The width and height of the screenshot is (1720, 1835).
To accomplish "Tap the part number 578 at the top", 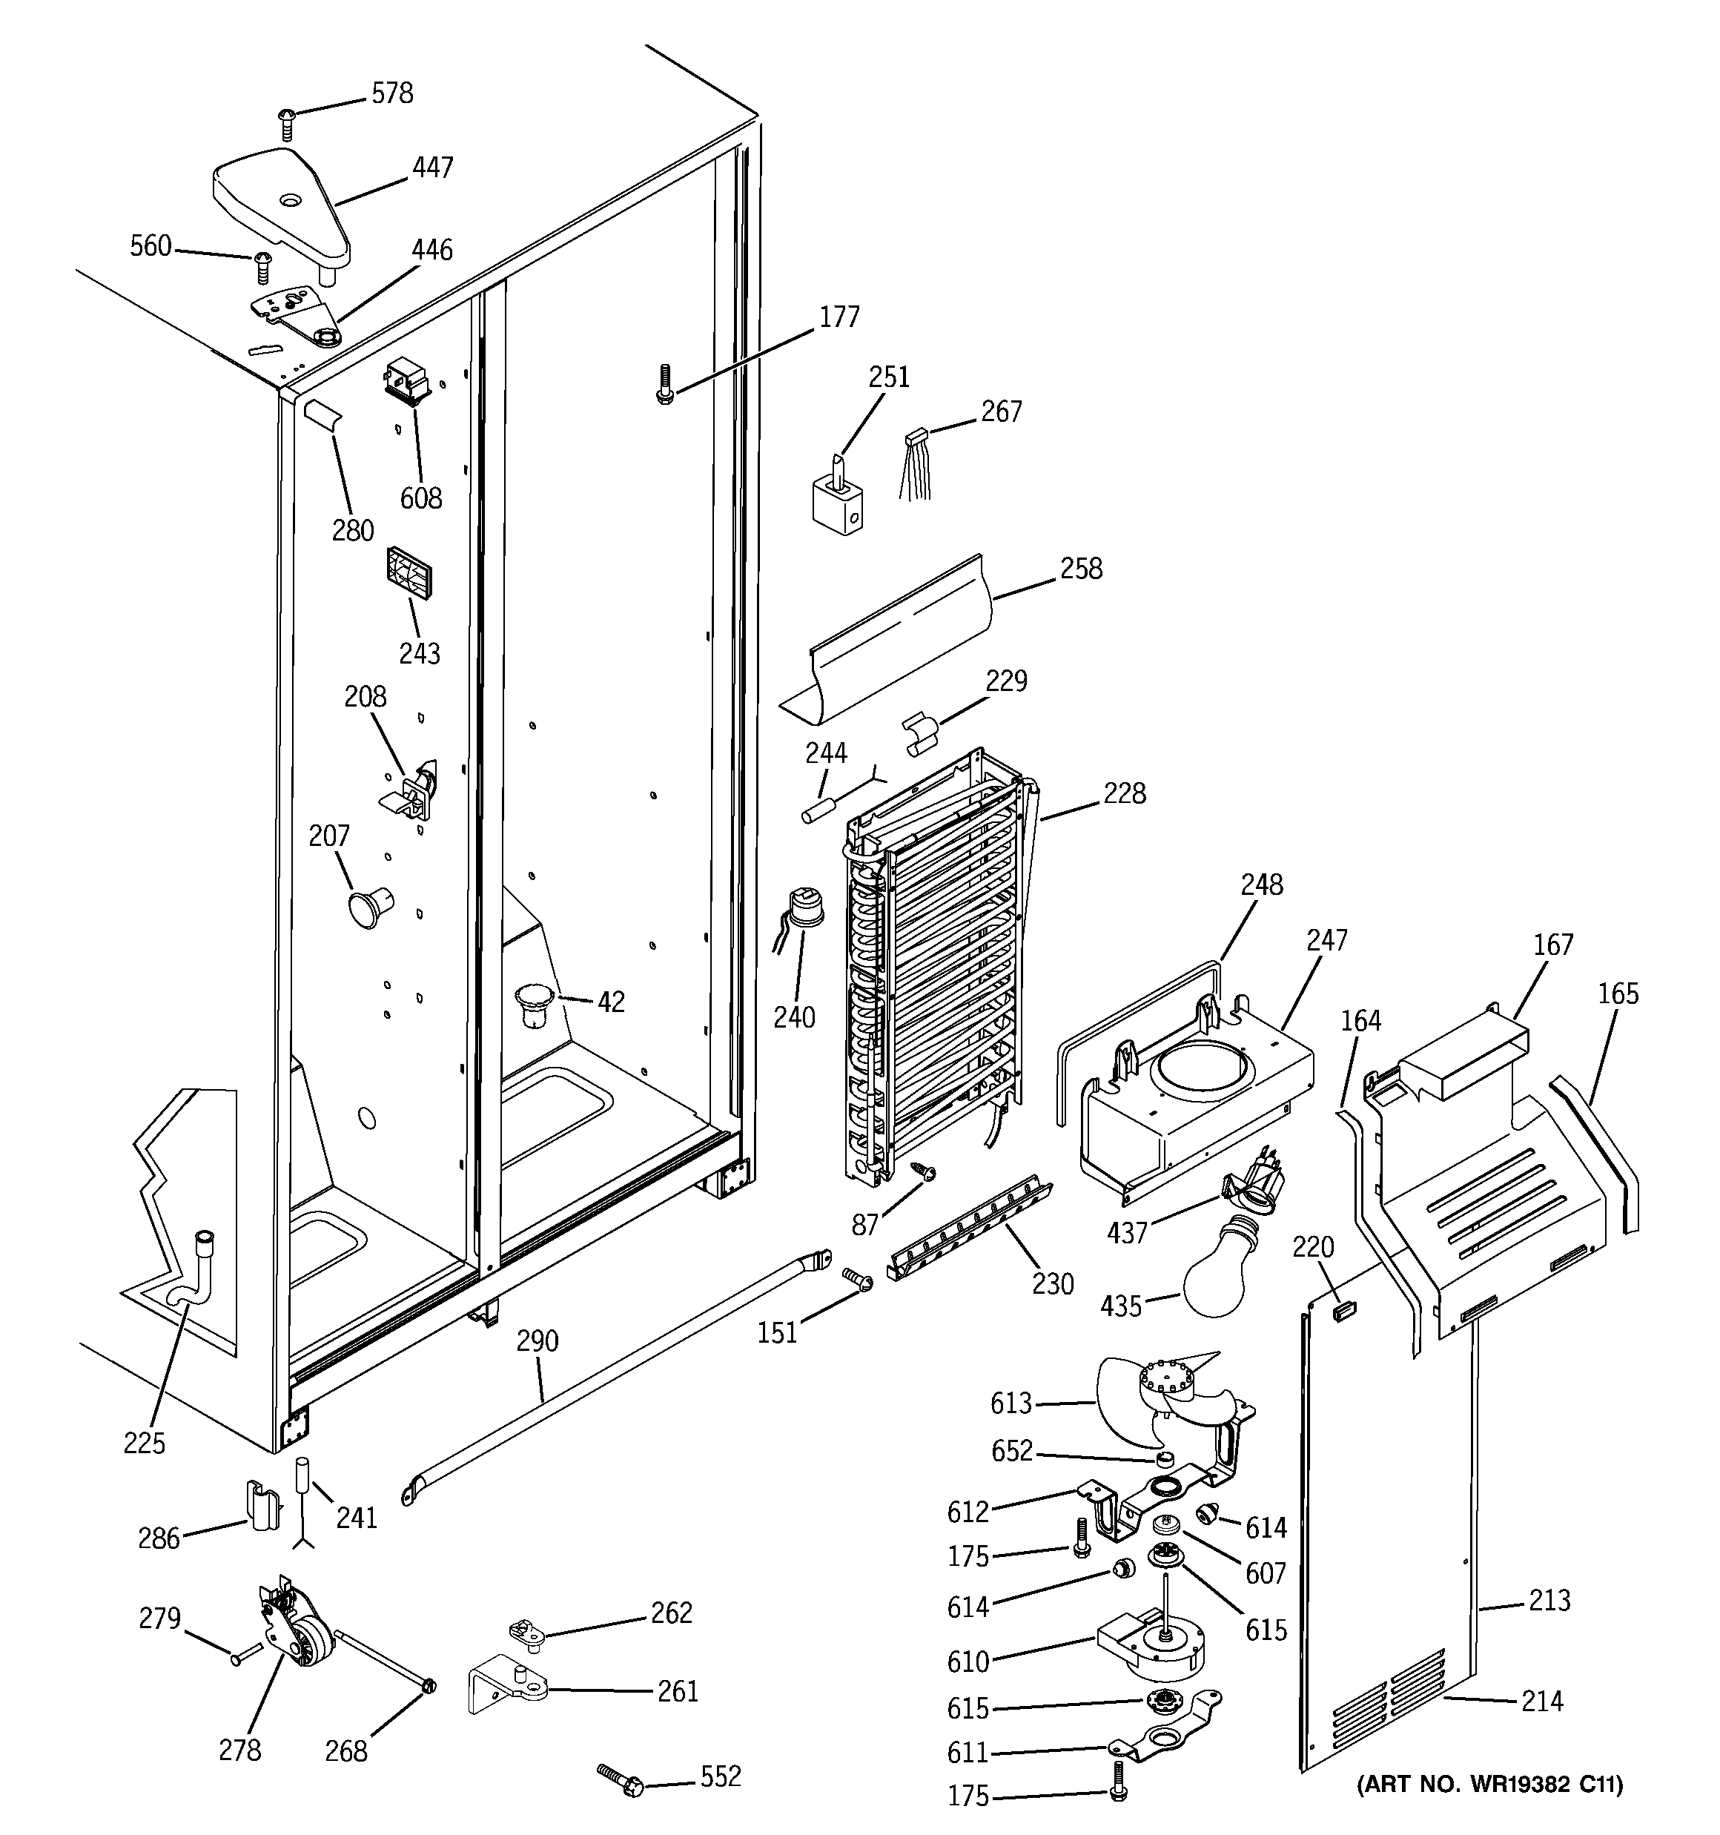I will [x=392, y=93].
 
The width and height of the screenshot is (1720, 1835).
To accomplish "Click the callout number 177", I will [x=839, y=317].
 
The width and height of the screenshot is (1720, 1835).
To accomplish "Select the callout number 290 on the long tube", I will [x=537, y=1340].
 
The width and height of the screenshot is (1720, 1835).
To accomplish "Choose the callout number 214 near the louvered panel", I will [x=1542, y=1700].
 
